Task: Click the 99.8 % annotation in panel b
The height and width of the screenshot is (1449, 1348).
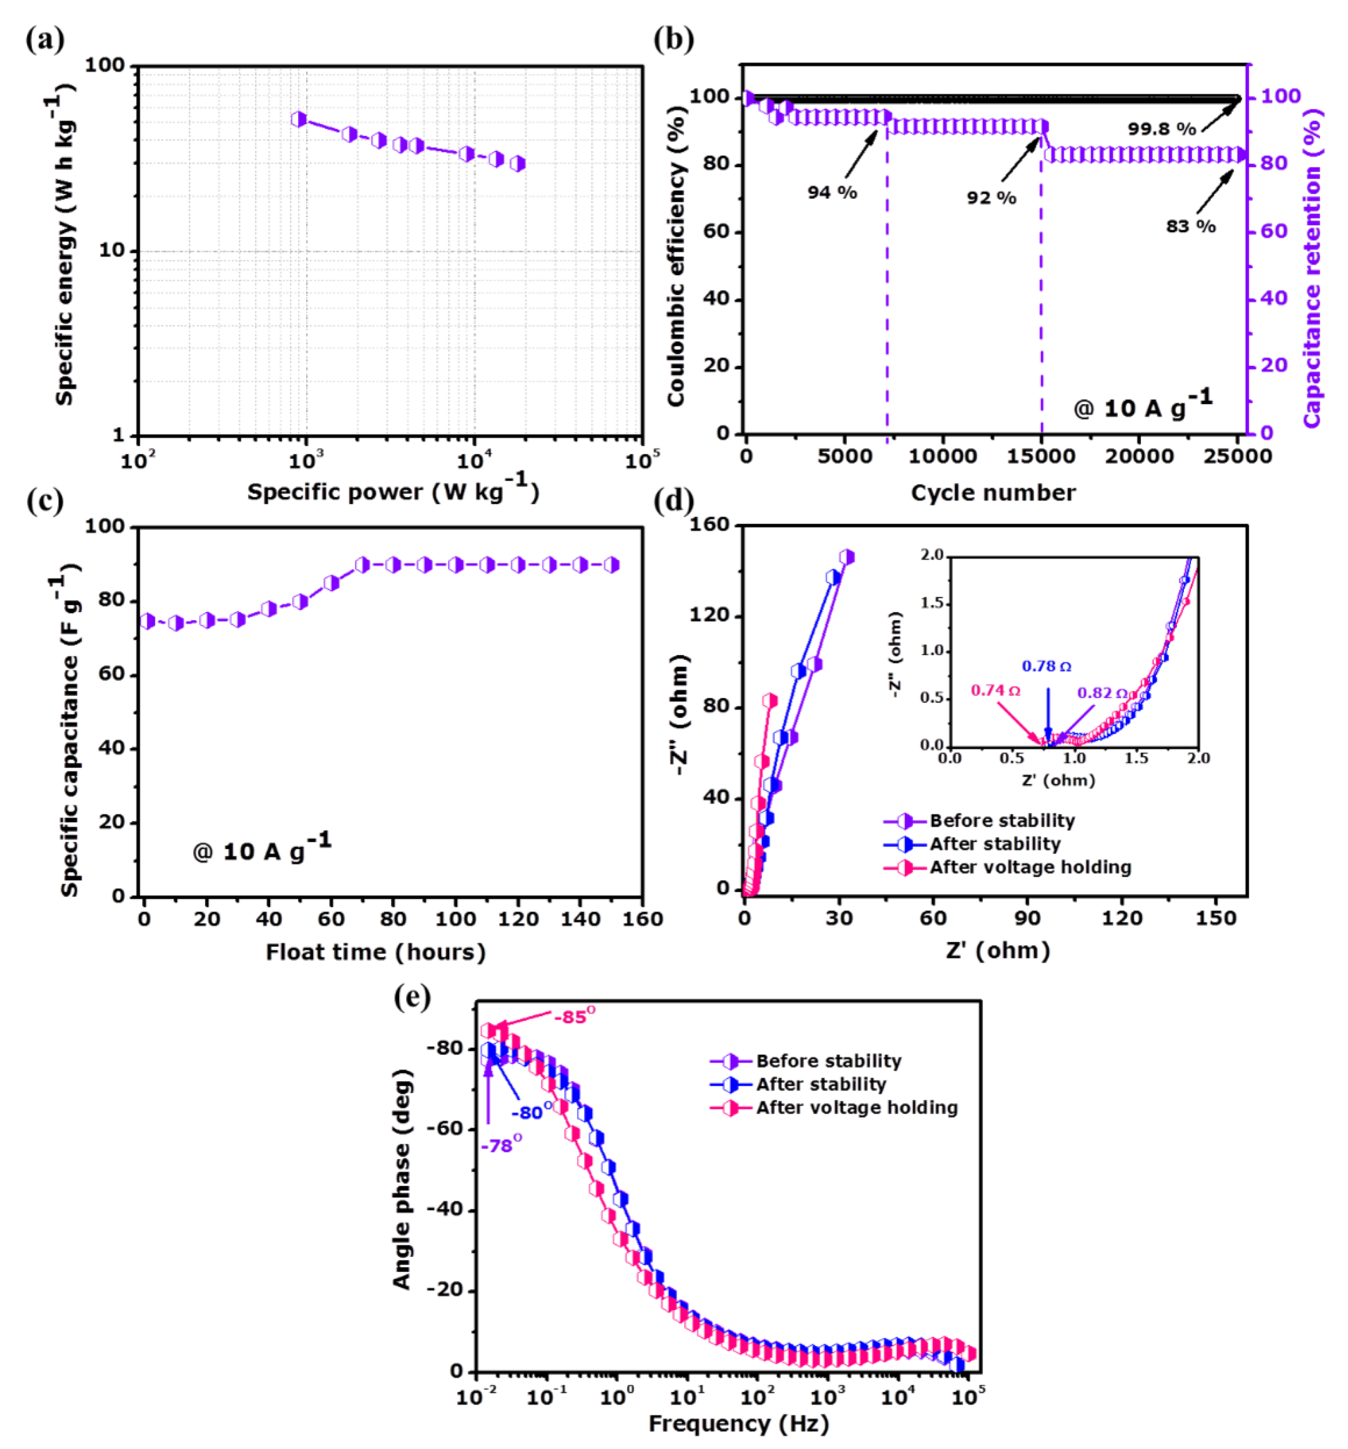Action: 1162,129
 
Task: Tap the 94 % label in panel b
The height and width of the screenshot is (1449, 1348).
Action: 831,193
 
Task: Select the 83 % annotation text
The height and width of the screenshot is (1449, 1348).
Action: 1191,226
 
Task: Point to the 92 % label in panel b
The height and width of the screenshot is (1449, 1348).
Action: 991,198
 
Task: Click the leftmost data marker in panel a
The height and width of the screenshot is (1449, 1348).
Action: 299,119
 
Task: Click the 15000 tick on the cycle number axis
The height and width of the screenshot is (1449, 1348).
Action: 1041,456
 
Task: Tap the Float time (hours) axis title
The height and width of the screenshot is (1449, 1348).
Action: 375,952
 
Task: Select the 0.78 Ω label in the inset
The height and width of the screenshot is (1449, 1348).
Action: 1046,666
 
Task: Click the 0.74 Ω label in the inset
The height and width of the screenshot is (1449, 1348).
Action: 995,690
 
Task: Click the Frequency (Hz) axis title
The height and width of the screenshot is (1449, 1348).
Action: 738,1423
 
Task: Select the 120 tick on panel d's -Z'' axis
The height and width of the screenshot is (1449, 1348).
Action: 710,615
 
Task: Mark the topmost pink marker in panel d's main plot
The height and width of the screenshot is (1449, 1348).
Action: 770,700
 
